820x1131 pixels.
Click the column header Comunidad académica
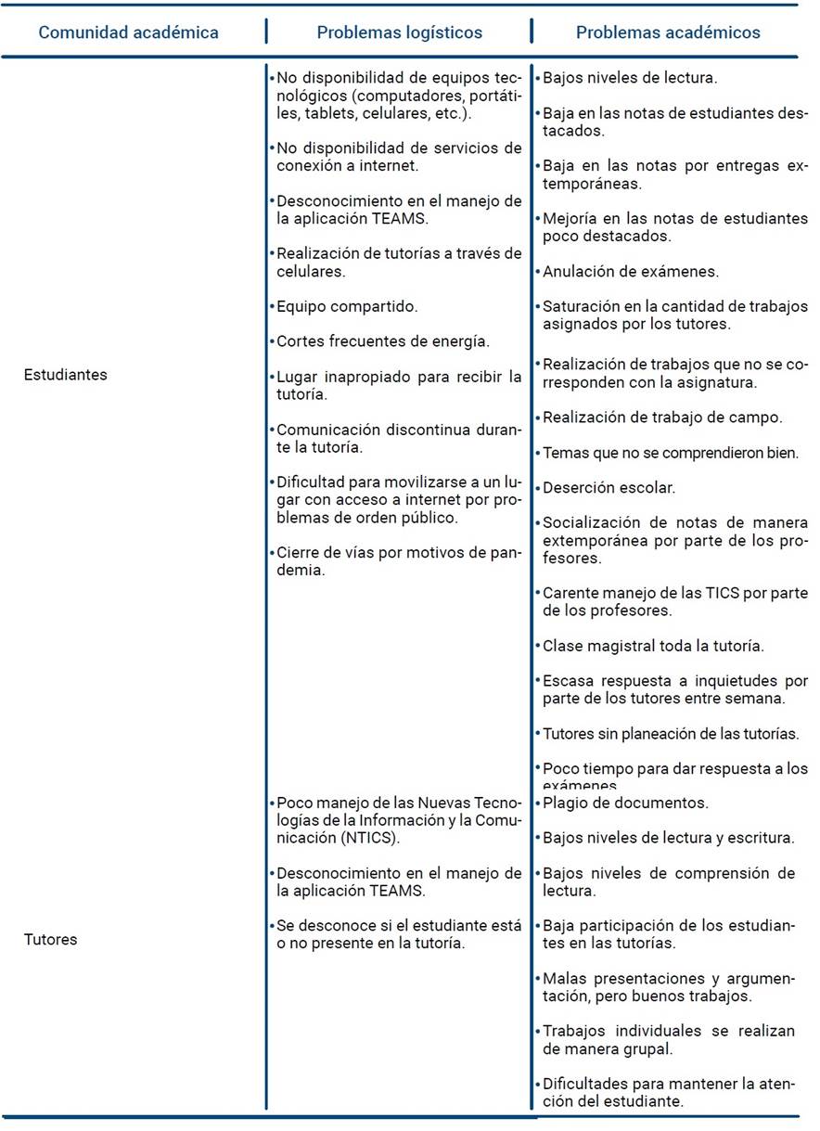128,32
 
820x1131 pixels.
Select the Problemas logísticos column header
400,32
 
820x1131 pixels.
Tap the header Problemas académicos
668,32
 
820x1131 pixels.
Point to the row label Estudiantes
66,375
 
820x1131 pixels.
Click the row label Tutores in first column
50,939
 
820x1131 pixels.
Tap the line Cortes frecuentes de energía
382,341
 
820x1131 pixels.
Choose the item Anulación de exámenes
631,272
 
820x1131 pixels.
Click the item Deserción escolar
609,487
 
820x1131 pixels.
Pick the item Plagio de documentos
625,803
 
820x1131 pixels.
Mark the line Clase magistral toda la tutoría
666,645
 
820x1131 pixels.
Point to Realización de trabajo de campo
662,418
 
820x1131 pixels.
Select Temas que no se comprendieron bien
669,453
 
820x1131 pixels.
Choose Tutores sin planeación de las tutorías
671,733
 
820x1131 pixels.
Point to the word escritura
760,838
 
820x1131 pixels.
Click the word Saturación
581,307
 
